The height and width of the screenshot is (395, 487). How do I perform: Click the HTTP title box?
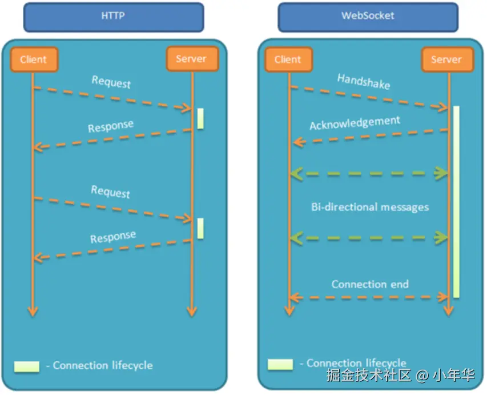[x=113, y=17]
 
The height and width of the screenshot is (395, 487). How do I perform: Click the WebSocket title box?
[x=368, y=17]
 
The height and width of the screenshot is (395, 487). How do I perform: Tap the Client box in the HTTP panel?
[x=34, y=59]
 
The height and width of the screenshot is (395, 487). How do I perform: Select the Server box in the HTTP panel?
[x=191, y=59]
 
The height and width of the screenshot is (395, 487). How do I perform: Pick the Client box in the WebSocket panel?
[x=288, y=59]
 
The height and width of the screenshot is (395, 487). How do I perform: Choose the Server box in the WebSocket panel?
[x=446, y=59]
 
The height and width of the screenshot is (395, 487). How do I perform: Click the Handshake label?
[x=364, y=82]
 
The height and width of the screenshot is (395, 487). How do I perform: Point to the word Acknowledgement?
[x=355, y=123]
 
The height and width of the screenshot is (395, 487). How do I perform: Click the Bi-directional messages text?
[x=369, y=207]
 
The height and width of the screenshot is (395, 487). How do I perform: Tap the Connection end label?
[x=370, y=284]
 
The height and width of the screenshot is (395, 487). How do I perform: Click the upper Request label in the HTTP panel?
[x=111, y=82]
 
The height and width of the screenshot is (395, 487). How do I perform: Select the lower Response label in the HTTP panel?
[x=113, y=237]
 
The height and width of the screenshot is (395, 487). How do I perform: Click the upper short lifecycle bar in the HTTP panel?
[x=200, y=118]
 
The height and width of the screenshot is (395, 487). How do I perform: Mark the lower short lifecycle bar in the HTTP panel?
[x=200, y=228]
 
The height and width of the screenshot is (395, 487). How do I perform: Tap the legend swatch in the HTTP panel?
[x=26, y=366]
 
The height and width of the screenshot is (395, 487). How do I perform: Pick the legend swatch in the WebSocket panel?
[x=280, y=364]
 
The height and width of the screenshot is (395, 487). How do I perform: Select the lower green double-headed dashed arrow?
[x=368, y=237]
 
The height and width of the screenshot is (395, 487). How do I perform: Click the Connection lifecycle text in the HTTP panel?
[x=103, y=365]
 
